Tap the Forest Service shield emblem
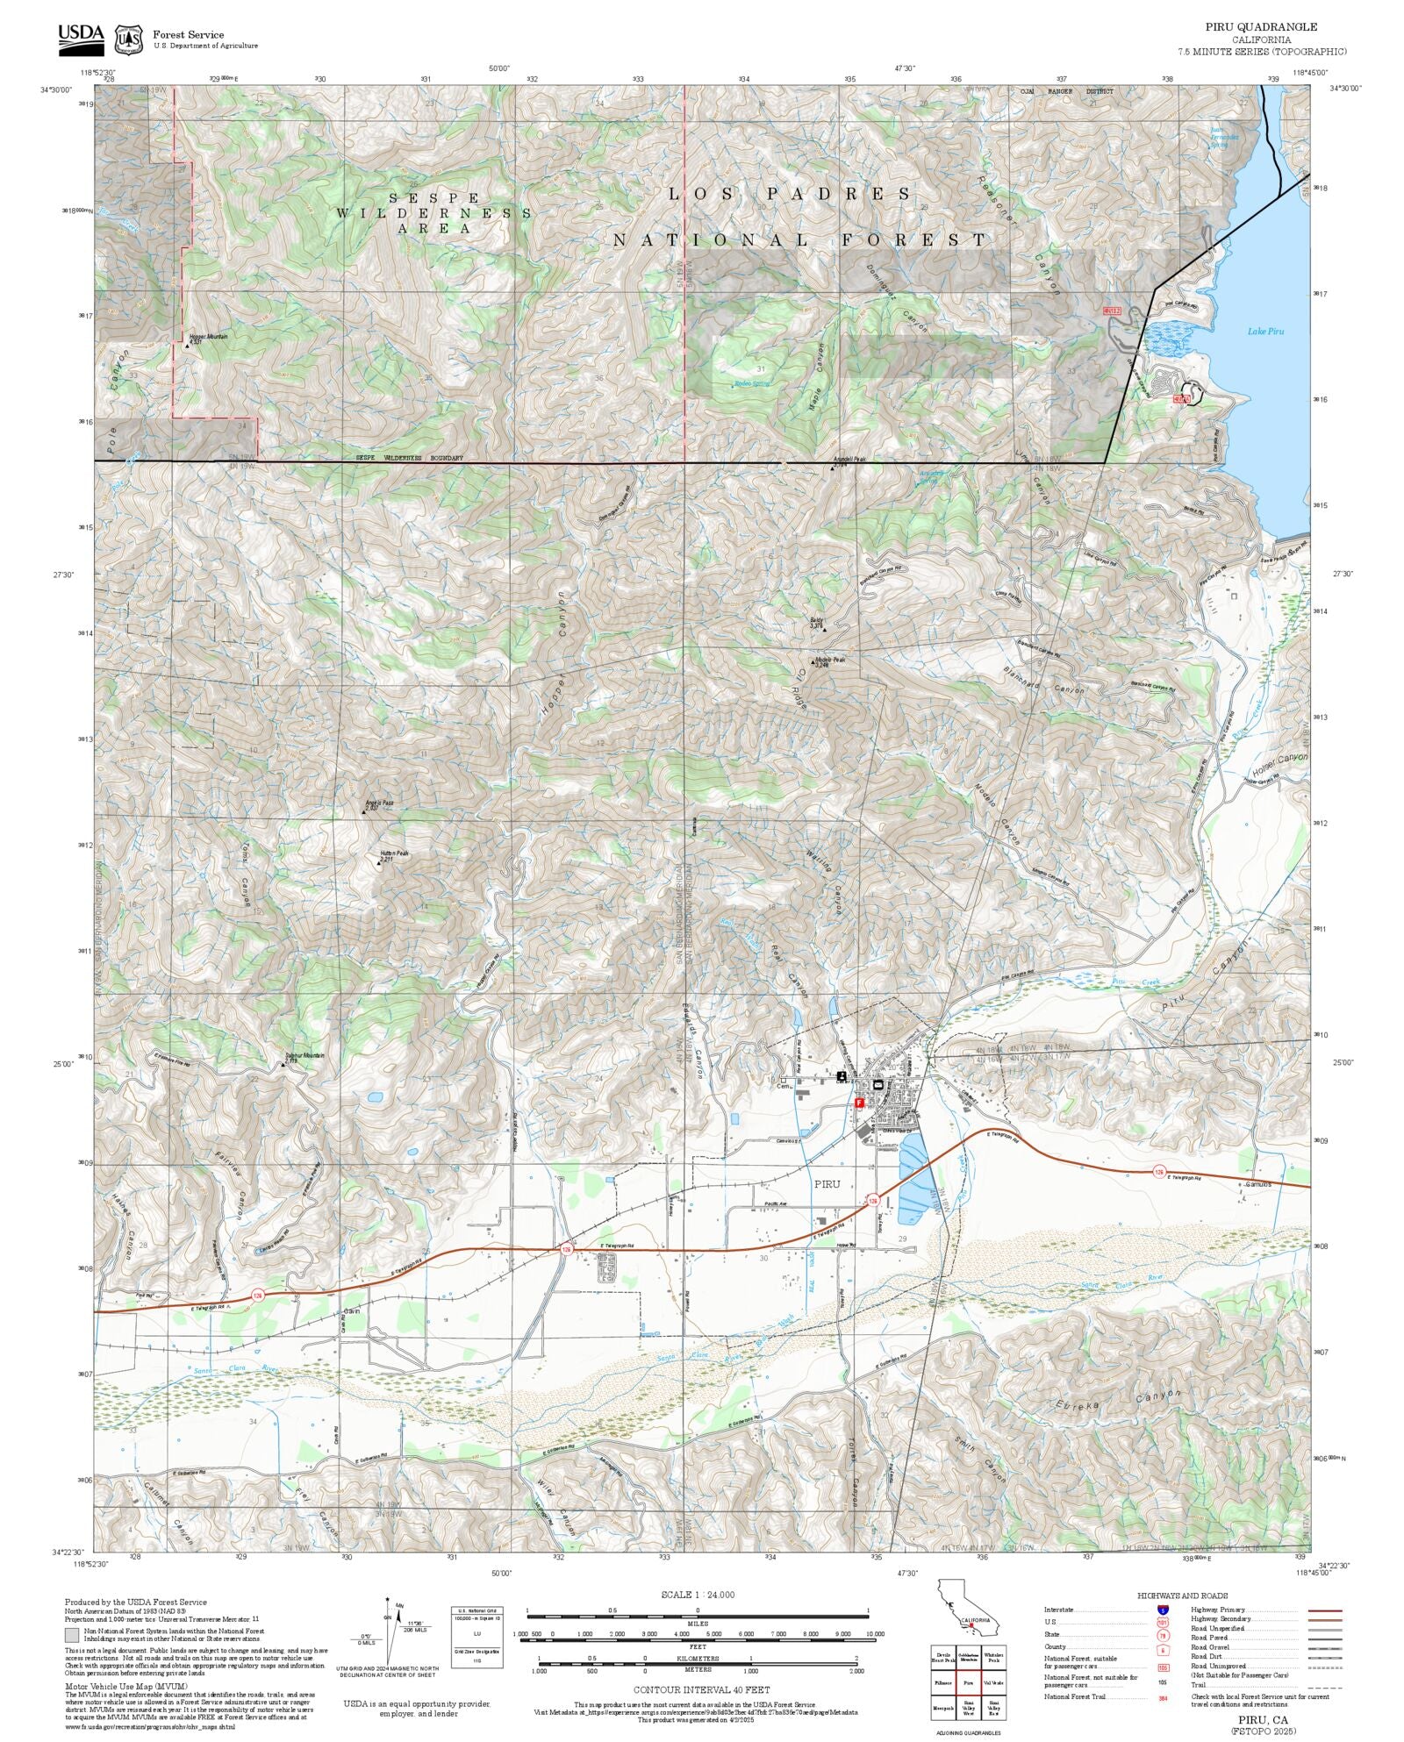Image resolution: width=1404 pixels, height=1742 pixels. click(129, 39)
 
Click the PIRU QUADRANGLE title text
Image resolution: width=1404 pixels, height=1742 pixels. click(1260, 27)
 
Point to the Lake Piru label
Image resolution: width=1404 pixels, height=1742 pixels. click(1264, 331)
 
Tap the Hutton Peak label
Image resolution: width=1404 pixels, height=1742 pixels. click(394, 853)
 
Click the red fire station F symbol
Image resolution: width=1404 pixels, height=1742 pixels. click(859, 1102)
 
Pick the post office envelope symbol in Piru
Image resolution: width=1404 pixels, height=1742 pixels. click(877, 1086)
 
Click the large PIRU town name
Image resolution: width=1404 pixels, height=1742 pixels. click(827, 1184)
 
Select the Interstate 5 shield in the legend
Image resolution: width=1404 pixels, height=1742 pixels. click(1163, 1610)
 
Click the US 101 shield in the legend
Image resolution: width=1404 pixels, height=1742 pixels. click(1163, 1623)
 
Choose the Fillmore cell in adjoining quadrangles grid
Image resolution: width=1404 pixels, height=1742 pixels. click(943, 1683)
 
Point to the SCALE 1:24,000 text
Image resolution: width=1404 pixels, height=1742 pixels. click(698, 1595)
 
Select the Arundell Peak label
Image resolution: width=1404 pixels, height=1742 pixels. click(850, 460)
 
